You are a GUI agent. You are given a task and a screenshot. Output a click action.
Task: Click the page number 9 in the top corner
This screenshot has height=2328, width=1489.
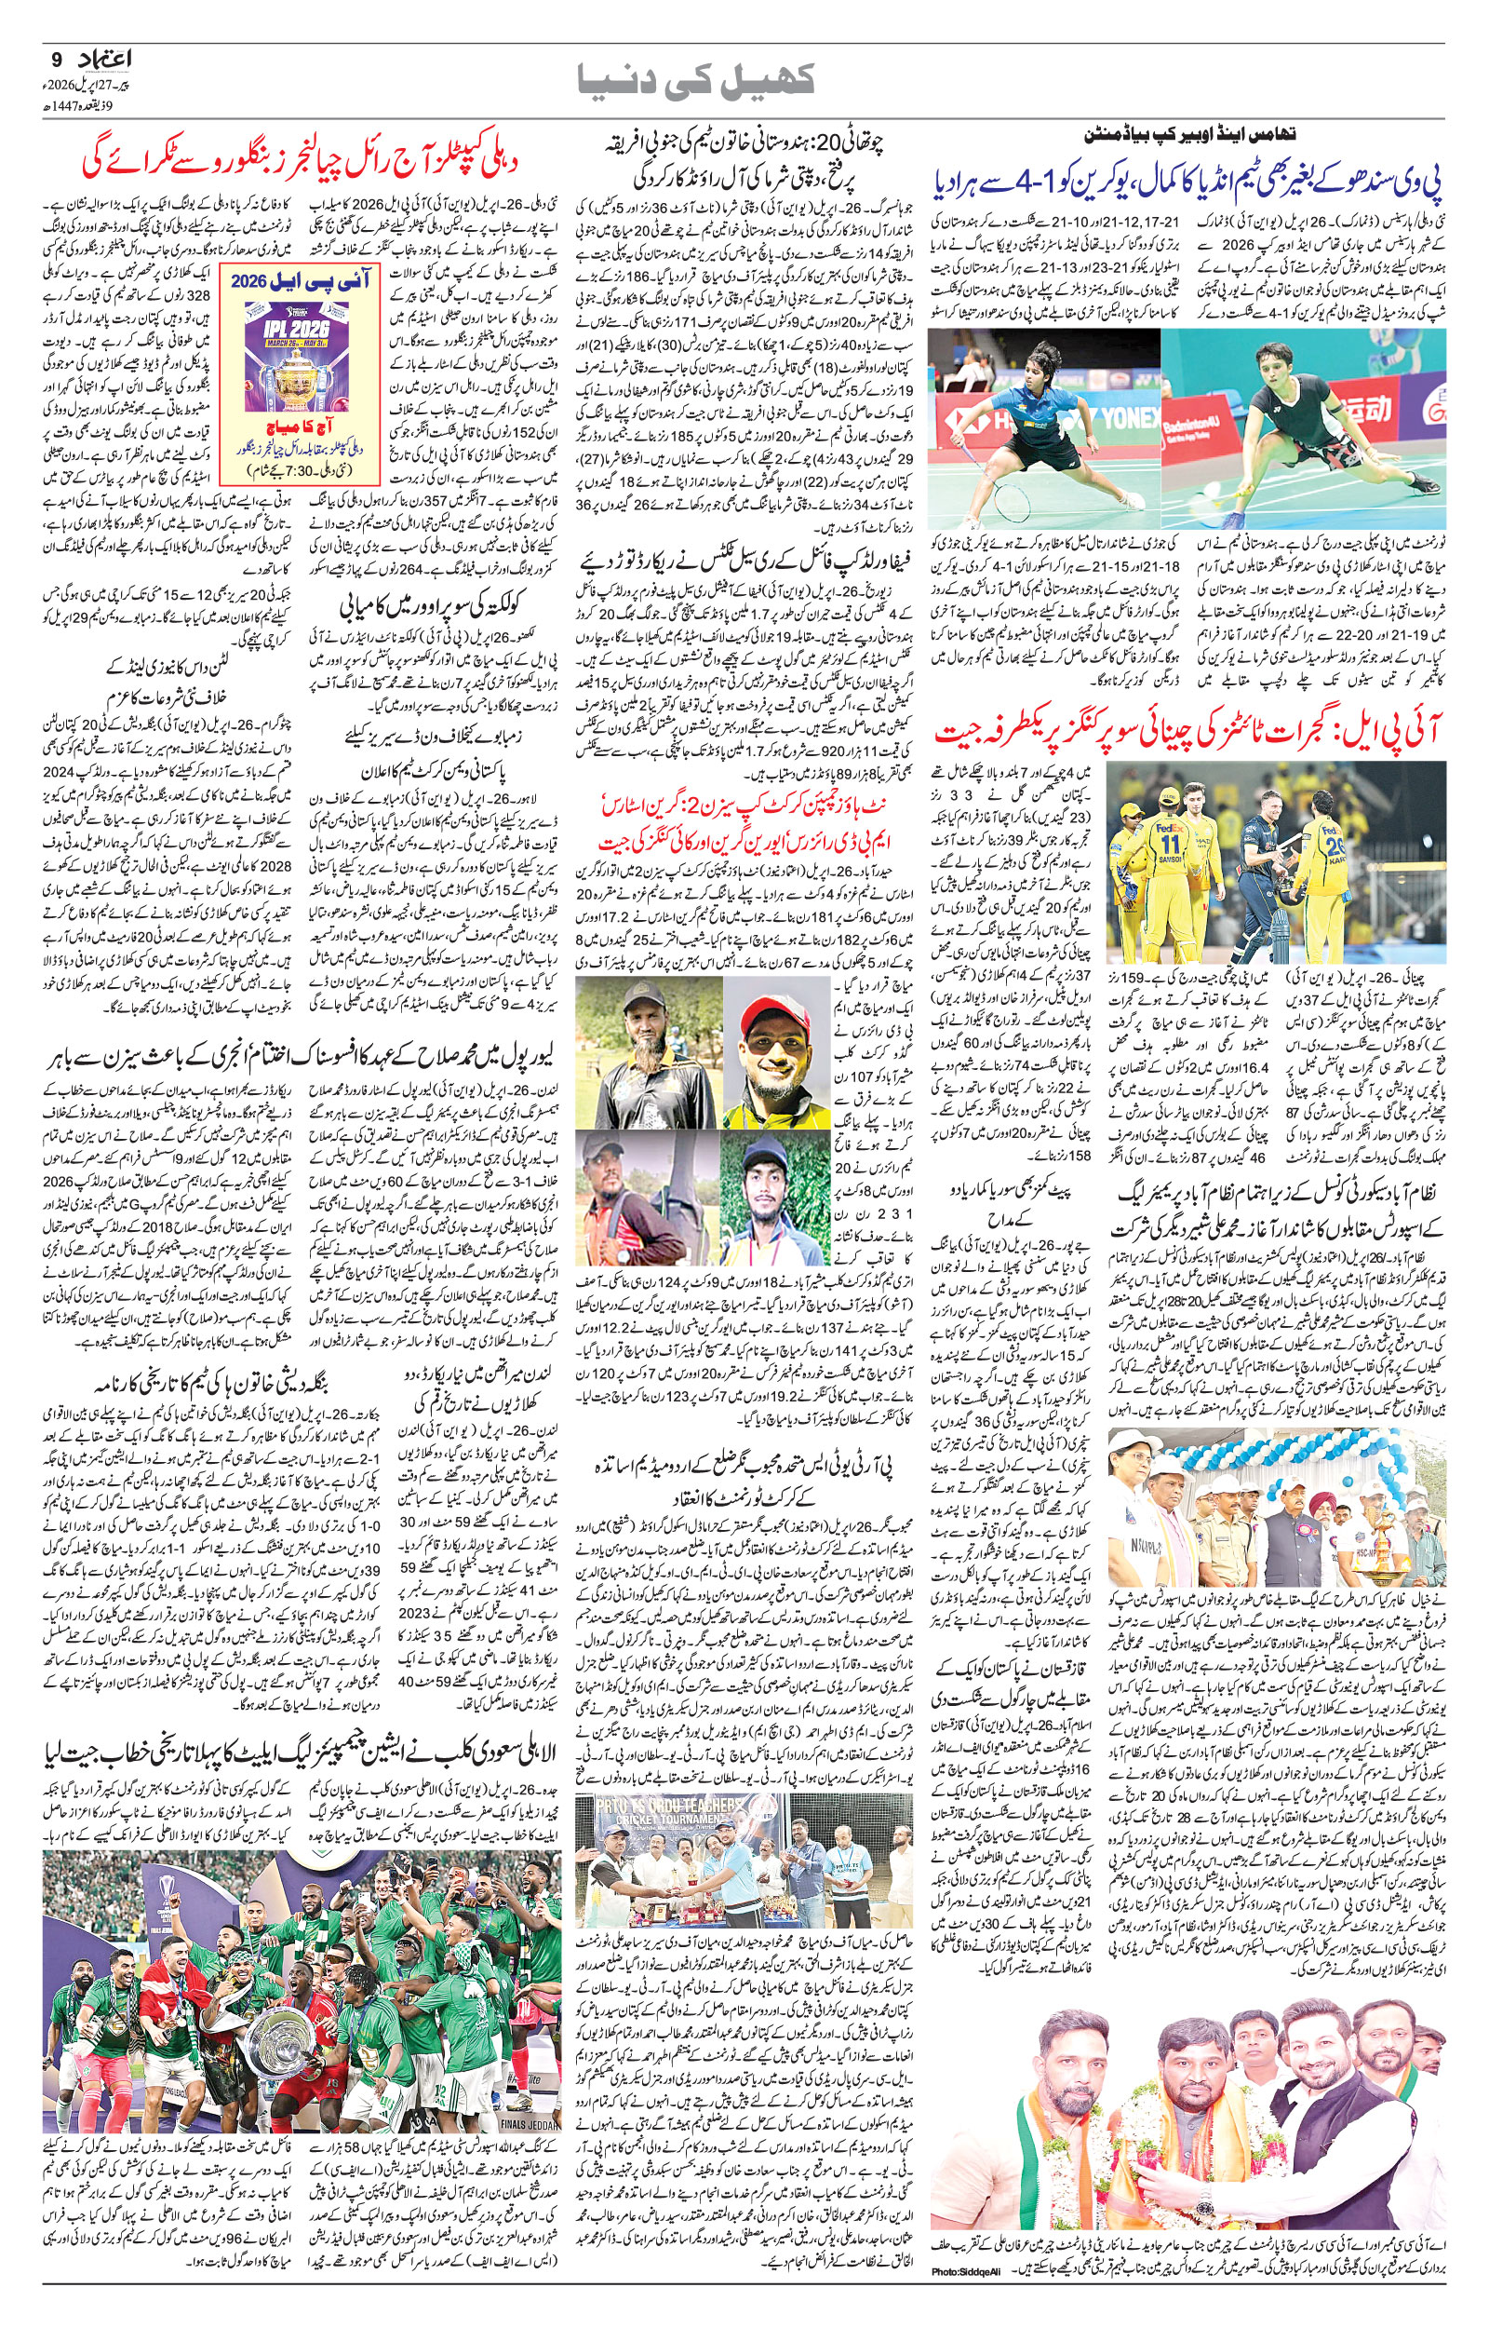tap(54, 59)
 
